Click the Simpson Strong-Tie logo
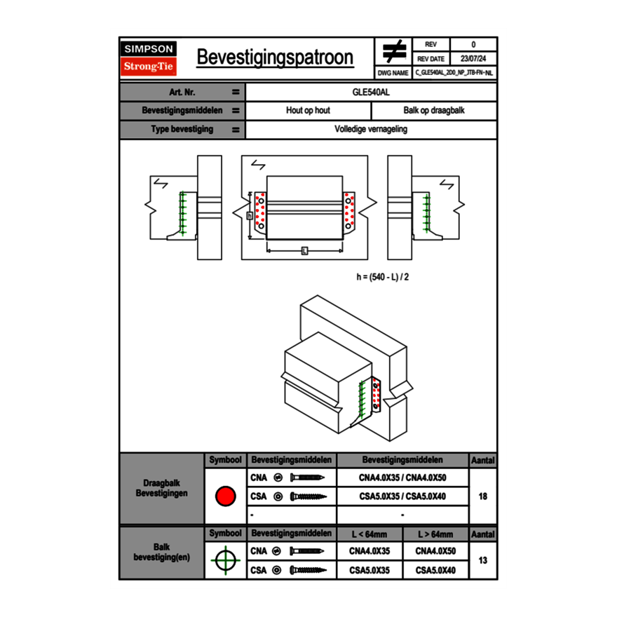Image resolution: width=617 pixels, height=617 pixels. pos(149,58)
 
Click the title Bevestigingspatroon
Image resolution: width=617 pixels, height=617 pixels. pos(274,57)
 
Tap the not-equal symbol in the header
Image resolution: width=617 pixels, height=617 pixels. pos(393,51)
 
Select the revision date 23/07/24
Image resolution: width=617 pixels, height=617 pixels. pos(473,59)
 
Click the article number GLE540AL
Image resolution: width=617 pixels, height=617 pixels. pos(371,92)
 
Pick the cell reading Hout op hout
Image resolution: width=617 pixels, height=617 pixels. pos(308,111)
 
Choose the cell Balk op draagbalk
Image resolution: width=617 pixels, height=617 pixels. pos(434,111)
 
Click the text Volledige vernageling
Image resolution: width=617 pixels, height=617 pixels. pos(371,130)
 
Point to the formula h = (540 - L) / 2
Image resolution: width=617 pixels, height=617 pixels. pos(382,277)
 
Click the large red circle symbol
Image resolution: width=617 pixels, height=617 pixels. pos(224,496)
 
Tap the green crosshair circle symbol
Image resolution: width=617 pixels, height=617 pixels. pos(224,561)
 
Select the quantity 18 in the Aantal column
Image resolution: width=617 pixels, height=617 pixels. pos(482,496)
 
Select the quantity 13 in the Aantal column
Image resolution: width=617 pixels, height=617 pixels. pos(482,561)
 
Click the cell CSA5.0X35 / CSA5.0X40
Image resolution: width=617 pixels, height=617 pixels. pos(402,496)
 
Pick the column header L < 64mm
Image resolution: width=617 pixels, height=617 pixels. pos(369,534)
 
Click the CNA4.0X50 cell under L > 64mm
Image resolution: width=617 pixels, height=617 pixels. pos(435,551)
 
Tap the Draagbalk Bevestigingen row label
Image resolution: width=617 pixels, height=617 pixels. pos(161,489)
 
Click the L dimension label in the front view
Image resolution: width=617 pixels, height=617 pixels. pos(304,250)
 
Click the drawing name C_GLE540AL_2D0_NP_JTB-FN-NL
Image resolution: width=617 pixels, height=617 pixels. pos(454,72)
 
